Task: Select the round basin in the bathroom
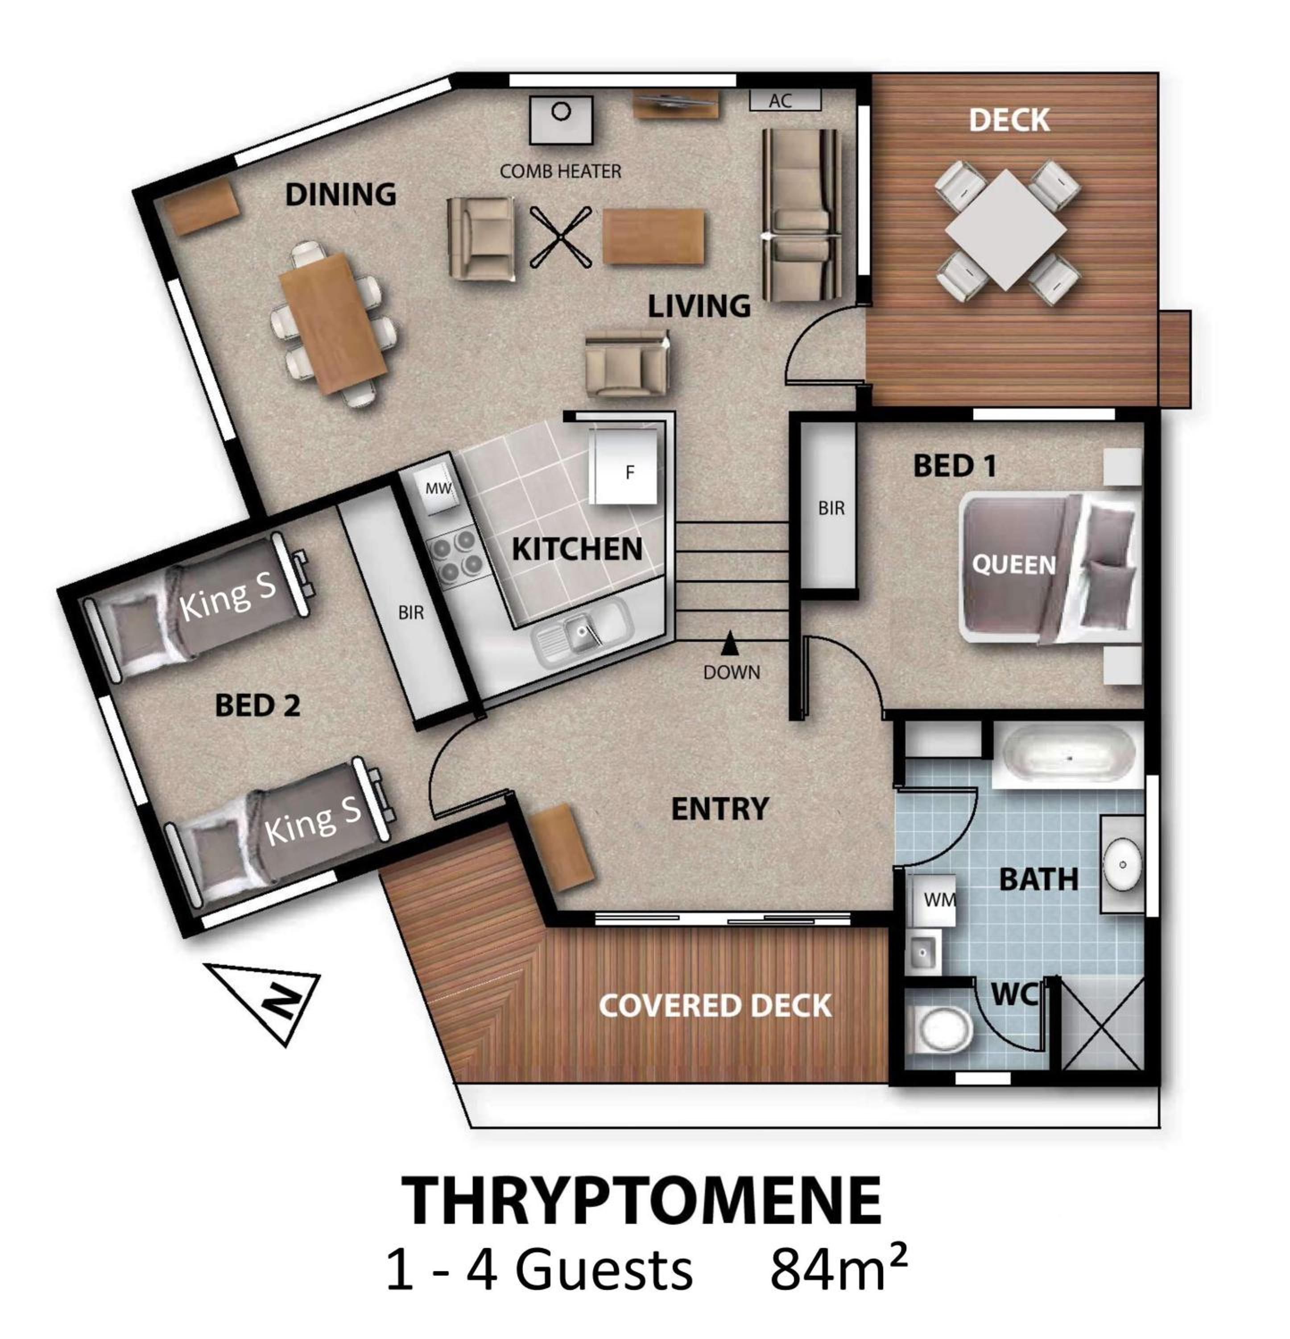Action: [1122, 864]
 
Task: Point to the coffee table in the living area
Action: [653, 236]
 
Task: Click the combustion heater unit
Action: [561, 120]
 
